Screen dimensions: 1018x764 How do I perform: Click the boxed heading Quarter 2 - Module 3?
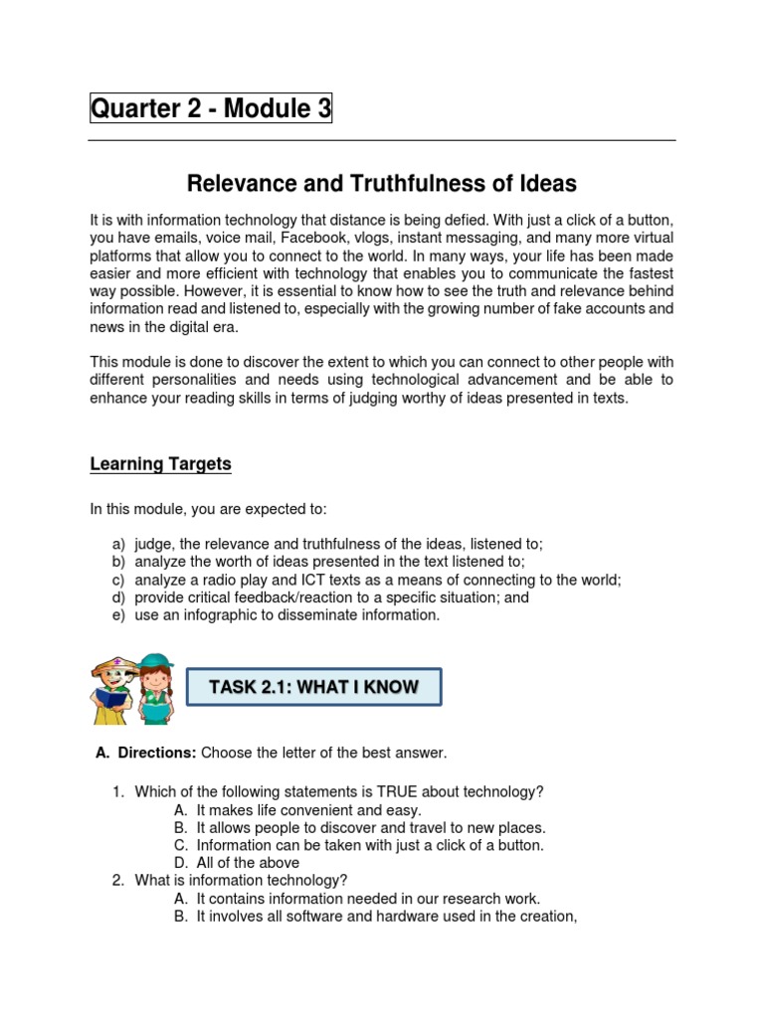coord(211,109)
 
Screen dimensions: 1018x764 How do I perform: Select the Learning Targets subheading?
coord(160,464)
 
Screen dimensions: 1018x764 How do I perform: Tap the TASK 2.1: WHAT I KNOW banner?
coord(314,687)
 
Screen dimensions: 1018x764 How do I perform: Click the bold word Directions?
coord(157,753)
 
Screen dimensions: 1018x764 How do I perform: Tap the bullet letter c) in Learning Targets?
coord(116,580)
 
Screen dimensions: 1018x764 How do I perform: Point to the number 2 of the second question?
coord(116,880)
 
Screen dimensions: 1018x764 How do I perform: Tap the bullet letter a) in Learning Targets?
coord(116,544)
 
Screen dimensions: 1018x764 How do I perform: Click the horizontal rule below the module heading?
coord(382,140)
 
